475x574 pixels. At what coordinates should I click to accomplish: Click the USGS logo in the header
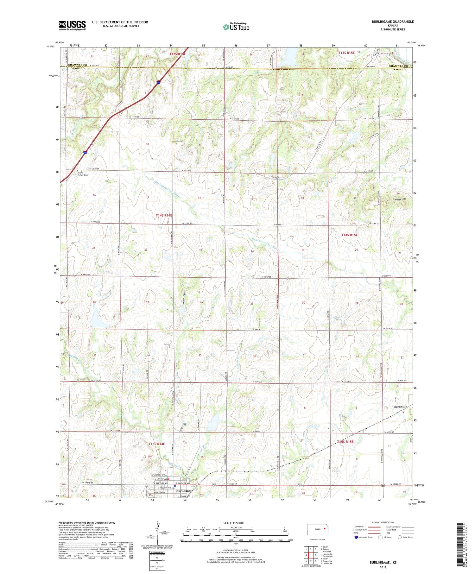coord(72,25)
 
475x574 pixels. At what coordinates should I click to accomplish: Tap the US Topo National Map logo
coord(236,27)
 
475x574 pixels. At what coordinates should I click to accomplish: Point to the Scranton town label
coord(400,407)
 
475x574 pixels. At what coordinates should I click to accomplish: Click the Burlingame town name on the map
coord(184,491)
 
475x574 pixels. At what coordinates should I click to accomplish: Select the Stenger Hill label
coord(399,199)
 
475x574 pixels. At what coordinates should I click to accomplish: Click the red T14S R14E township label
coord(164,215)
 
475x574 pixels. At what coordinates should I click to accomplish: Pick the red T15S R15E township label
coord(345,442)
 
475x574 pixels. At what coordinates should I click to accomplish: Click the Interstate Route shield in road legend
coord(356,537)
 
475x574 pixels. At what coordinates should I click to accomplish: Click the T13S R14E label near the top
coord(177,54)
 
